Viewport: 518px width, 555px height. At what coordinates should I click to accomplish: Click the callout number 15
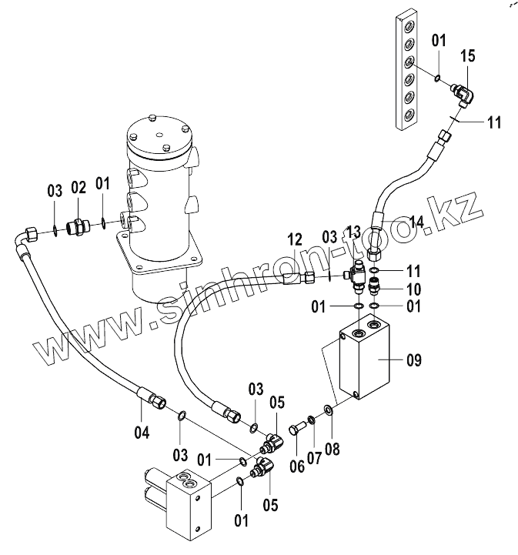point(468,56)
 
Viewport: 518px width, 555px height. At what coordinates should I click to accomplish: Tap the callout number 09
point(413,360)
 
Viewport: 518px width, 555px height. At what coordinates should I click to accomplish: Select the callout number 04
point(142,432)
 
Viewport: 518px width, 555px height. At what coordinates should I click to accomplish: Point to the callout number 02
point(79,188)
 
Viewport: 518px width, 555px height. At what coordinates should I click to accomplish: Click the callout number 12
point(295,239)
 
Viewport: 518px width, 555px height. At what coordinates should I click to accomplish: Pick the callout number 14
point(416,222)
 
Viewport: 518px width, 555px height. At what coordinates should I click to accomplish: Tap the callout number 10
point(413,289)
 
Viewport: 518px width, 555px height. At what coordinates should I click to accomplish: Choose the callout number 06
point(297,466)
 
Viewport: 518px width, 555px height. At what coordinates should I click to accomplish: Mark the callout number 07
point(314,458)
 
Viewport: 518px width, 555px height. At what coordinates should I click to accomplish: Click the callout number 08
point(332,449)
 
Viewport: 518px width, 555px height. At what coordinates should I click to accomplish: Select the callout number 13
point(353,232)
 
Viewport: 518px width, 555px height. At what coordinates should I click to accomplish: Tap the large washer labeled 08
point(328,410)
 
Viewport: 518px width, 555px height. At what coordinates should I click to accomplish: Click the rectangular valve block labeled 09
point(365,356)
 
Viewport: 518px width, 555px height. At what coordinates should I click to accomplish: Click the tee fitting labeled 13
point(356,276)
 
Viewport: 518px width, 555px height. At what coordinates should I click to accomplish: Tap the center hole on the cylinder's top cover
point(160,135)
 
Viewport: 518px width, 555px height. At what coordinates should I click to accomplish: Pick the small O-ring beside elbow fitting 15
point(438,78)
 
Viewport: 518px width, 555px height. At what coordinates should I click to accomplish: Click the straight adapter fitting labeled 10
point(373,286)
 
